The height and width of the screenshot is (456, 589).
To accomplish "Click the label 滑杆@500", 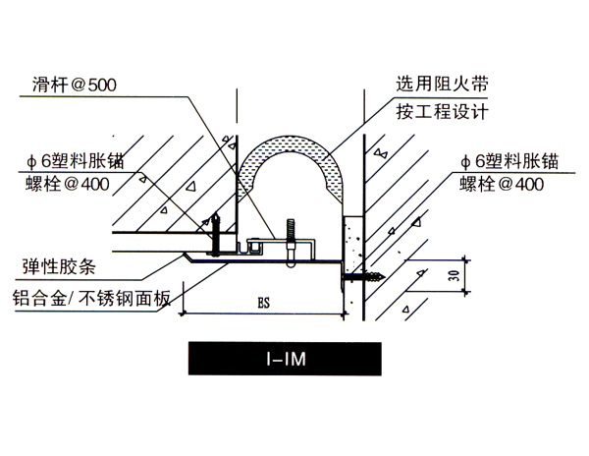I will coord(74,85).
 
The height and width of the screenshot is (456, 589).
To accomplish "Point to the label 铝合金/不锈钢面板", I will coord(85,298).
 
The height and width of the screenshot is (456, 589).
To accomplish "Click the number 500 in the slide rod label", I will coord(100,85).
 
